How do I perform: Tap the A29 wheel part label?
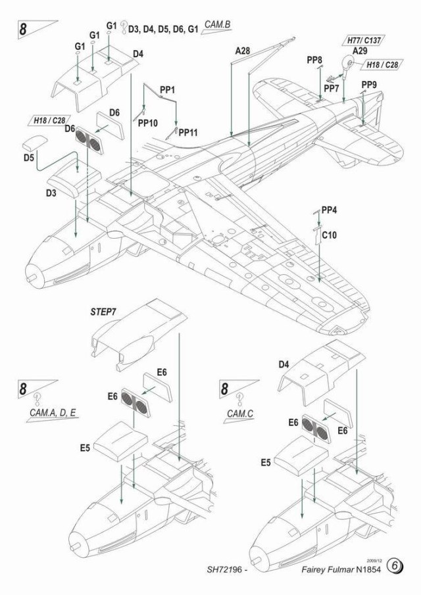(x=360, y=51)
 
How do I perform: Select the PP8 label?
(x=314, y=60)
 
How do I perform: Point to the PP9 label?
(x=369, y=84)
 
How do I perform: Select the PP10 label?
(x=147, y=122)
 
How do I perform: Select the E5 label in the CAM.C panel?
(x=265, y=462)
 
